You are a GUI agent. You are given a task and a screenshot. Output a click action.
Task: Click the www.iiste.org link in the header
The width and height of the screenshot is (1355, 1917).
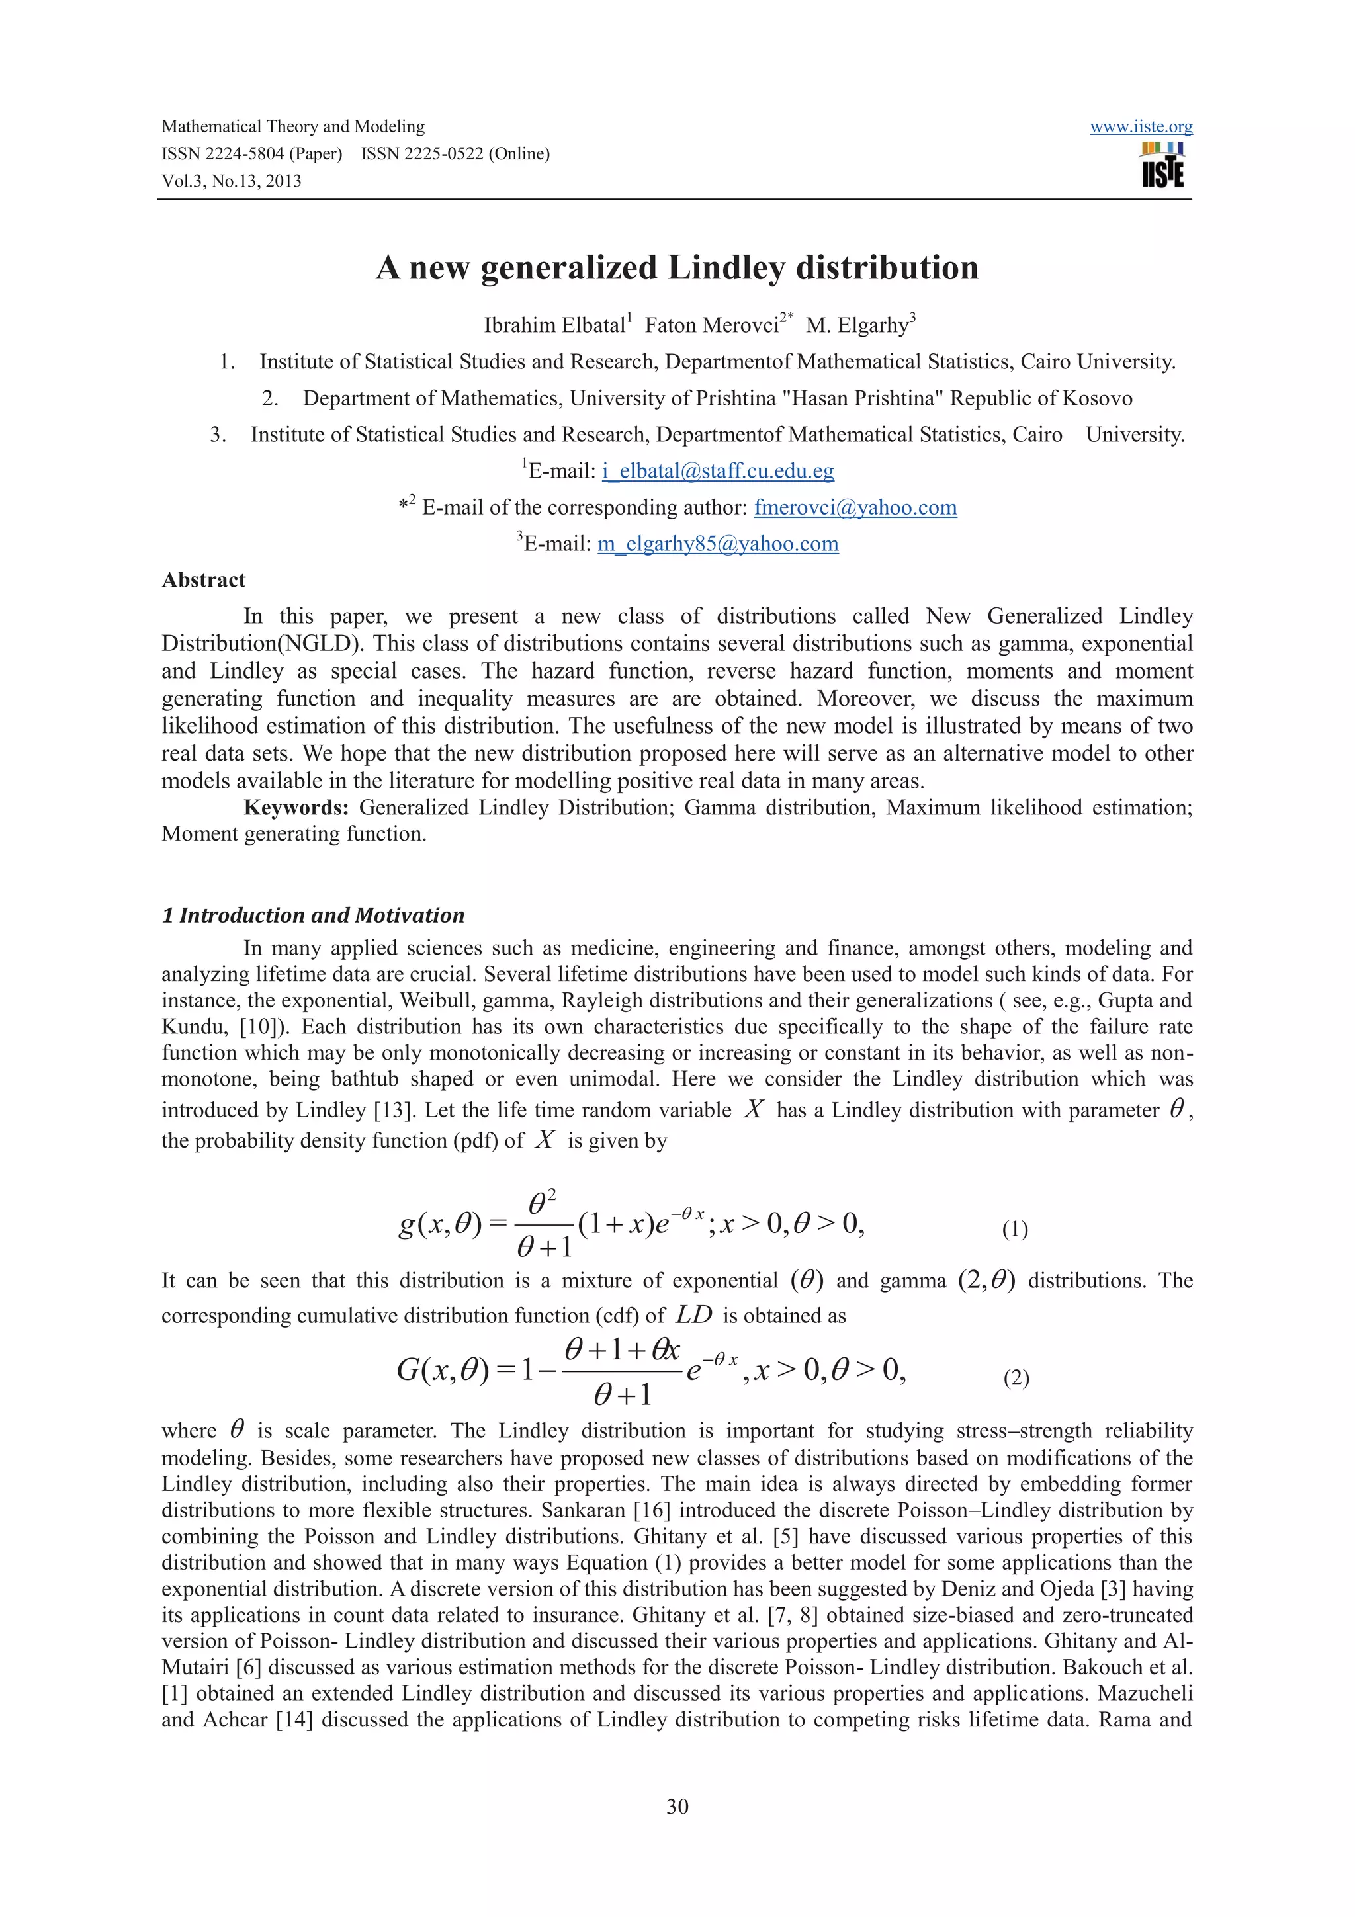(1141, 127)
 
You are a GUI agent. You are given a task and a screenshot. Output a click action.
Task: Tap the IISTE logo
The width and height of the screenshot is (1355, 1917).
(1162, 165)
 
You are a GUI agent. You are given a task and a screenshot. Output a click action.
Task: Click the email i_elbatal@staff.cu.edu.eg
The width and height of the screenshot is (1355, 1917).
(717, 471)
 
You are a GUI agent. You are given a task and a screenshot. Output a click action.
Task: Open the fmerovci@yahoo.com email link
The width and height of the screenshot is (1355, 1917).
(855, 507)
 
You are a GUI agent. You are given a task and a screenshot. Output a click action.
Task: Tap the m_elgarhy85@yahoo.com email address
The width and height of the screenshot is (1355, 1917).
(717, 544)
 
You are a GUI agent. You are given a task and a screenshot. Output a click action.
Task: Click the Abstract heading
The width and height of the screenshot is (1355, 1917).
(204, 580)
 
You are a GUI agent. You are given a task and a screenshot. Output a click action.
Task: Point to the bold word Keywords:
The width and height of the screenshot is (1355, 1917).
(296, 808)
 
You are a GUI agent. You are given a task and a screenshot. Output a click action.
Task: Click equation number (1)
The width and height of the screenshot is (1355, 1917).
(1014, 1229)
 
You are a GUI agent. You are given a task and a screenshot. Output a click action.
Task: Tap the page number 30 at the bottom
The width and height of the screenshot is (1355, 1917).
(677, 1806)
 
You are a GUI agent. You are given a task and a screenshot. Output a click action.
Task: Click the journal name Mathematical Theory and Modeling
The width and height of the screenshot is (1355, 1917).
(293, 127)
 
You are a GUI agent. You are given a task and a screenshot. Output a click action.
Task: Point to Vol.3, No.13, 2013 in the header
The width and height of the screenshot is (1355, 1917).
(232, 181)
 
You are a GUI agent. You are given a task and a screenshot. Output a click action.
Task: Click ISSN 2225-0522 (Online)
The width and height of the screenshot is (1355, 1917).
(455, 153)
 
